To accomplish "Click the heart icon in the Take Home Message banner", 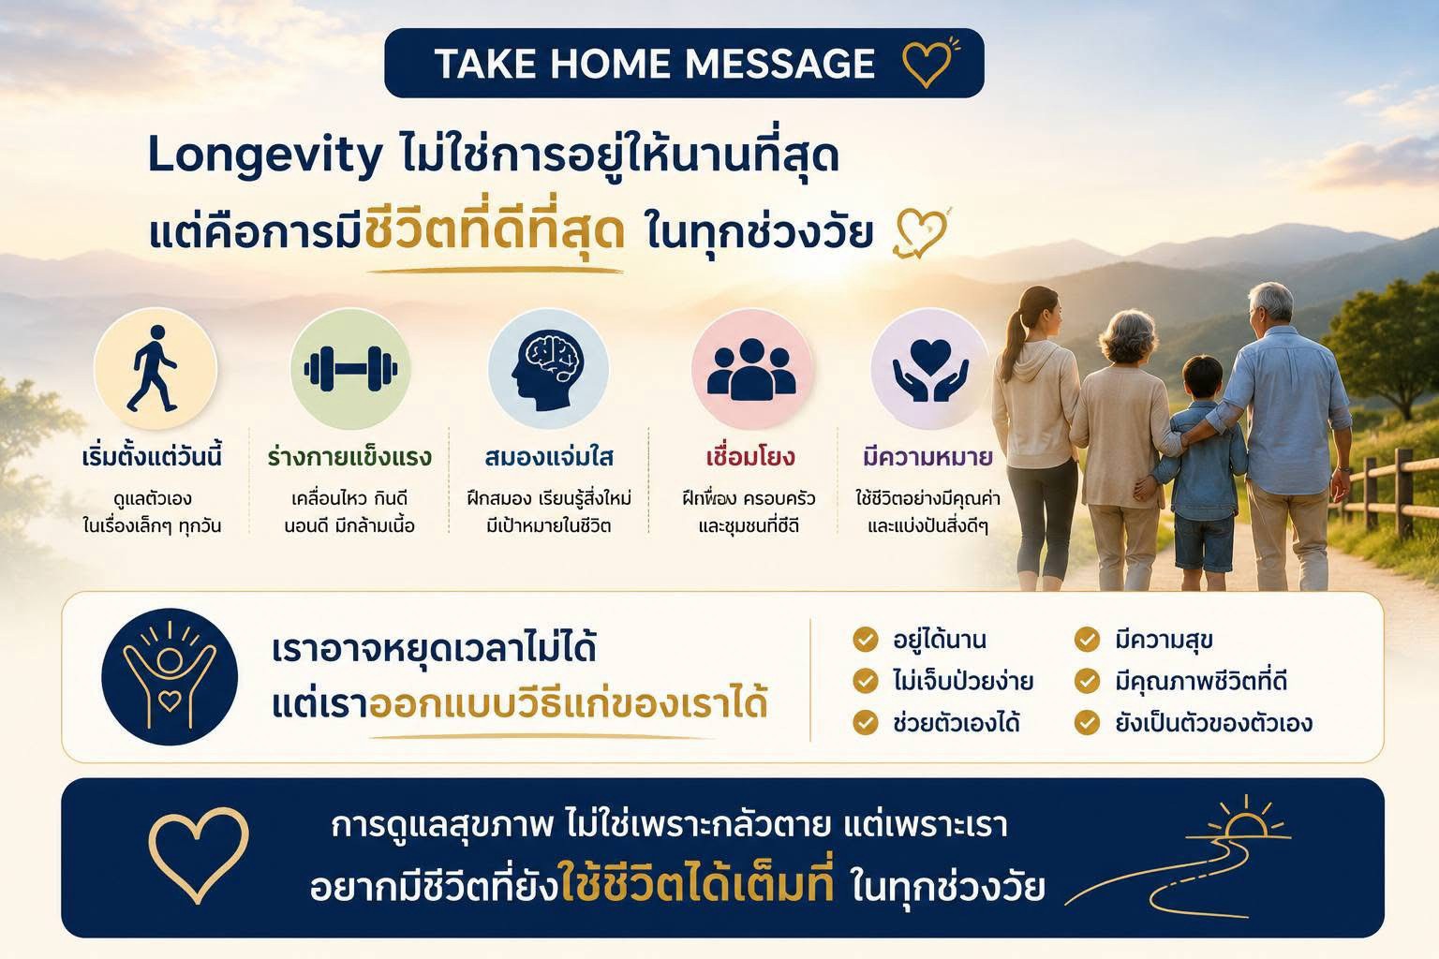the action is click(926, 65).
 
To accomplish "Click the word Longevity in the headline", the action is click(265, 156).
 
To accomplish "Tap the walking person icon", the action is click(152, 368).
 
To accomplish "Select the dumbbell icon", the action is click(350, 369).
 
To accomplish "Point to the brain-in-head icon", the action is click(547, 370).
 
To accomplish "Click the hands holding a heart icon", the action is click(931, 371).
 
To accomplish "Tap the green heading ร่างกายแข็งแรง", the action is click(349, 457).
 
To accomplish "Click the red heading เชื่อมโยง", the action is click(750, 457).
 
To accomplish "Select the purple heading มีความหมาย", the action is click(927, 457).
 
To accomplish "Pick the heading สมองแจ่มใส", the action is click(549, 457).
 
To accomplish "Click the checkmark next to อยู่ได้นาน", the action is click(866, 640).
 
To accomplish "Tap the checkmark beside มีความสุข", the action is click(1087, 640).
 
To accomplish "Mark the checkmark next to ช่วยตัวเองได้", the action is click(866, 723).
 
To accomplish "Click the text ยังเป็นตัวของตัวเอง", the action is click(1213, 723).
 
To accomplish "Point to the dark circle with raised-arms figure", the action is click(170, 676).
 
